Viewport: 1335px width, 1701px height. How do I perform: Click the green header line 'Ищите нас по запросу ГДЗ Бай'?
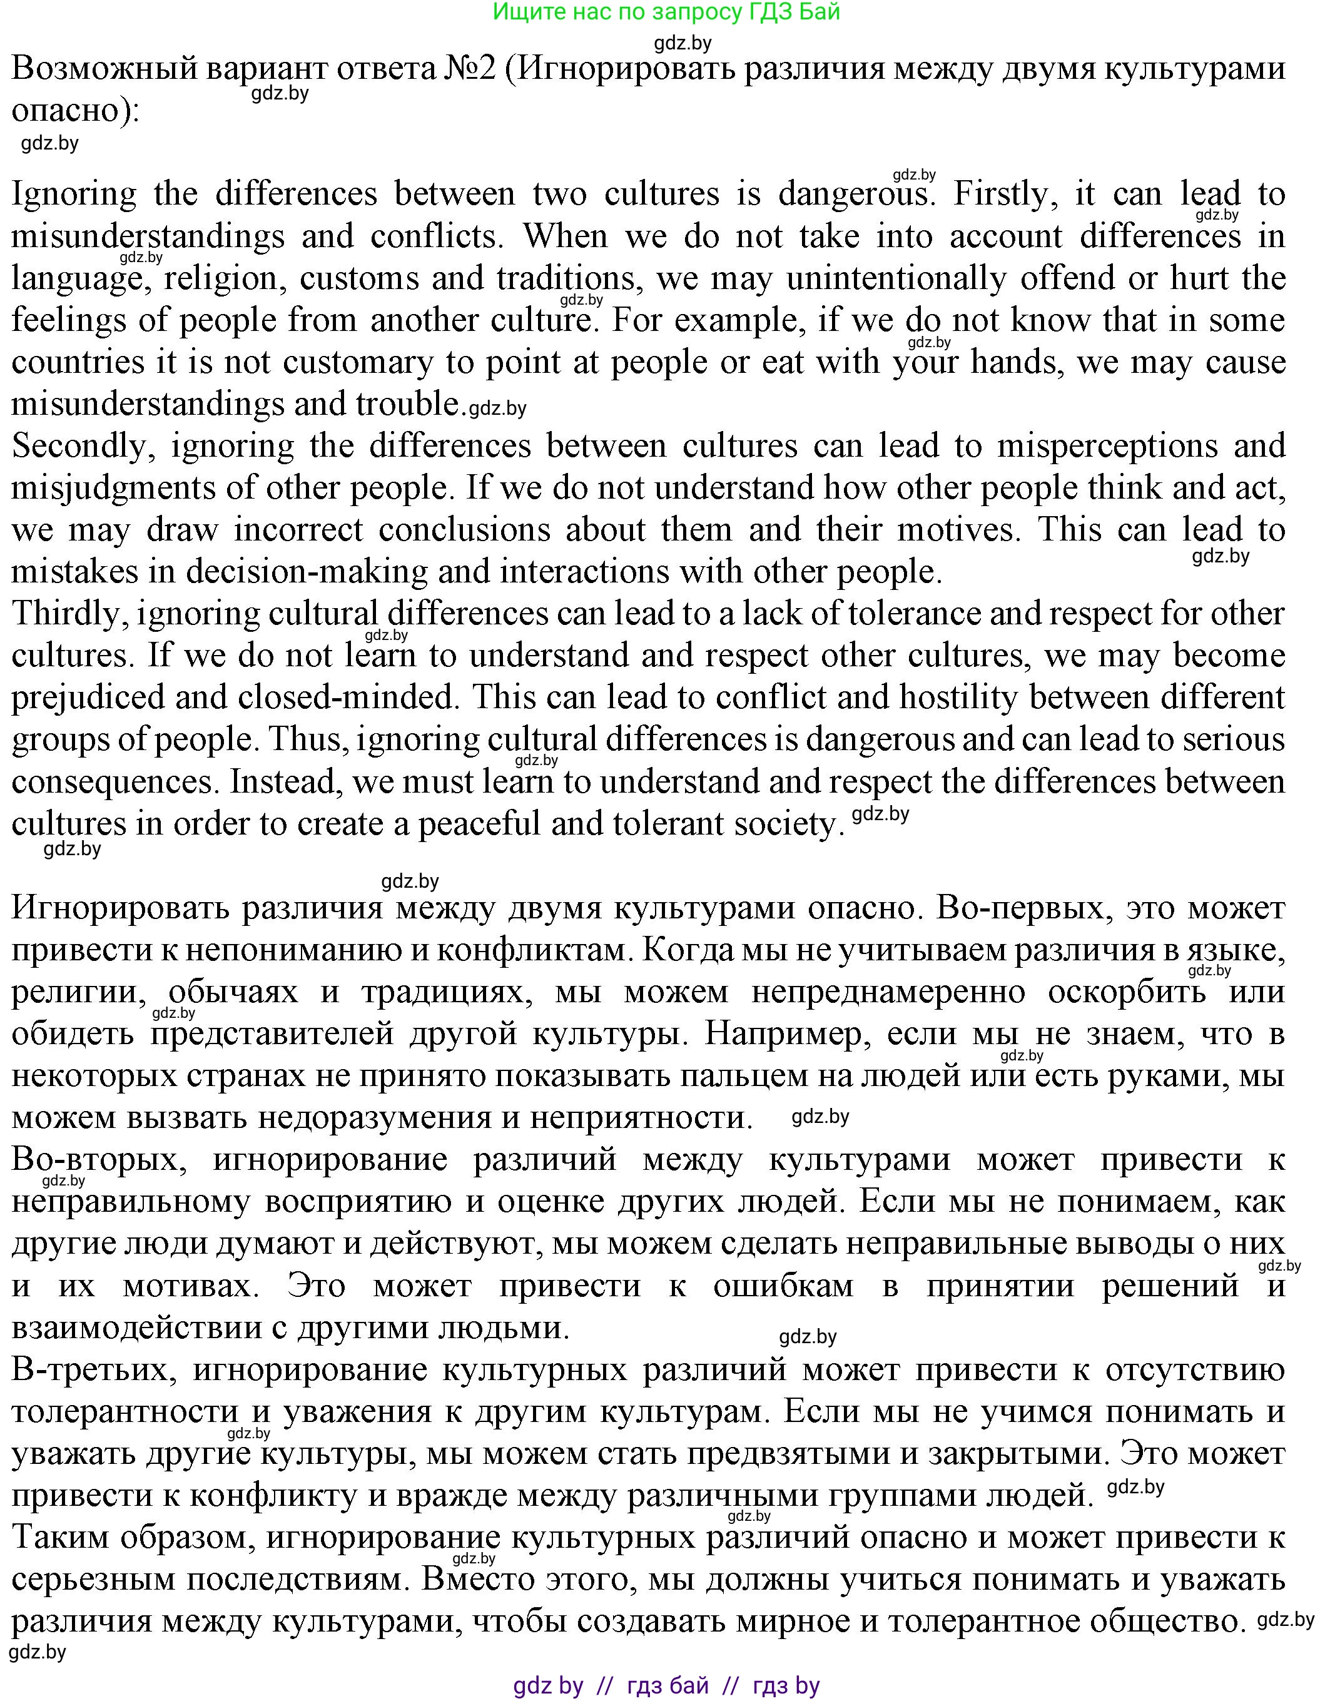pyautogui.click(x=667, y=13)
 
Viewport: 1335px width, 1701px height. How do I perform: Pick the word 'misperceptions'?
pyautogui.click(x=1107, y=446)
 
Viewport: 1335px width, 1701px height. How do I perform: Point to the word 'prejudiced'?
pyautogui.click(x=88, y=698)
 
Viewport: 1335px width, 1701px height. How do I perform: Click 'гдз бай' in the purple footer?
pyautogui.click(x=667, y=1685)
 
